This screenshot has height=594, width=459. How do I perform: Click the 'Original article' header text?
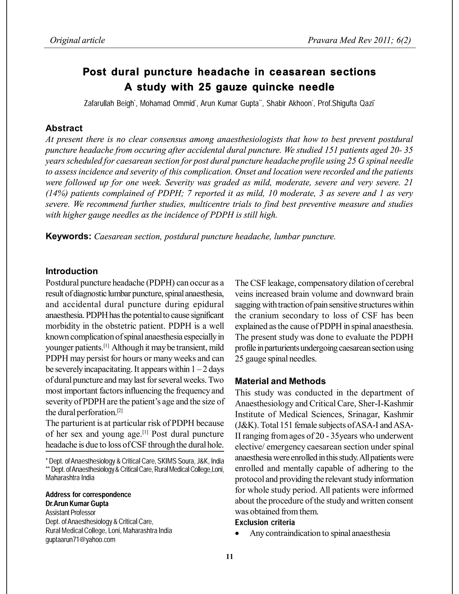tap(77, 40)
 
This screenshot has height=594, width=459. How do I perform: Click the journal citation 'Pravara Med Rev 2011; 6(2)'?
tap(359, 40)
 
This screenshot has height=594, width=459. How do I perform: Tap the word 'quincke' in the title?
tap(273, 87)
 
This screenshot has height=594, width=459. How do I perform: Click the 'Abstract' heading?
tap(64, 128)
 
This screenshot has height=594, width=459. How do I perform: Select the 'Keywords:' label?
tap(68, 236)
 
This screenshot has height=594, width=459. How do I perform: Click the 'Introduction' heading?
tap(71, 271)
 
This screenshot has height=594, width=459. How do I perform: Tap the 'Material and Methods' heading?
tap(280, 381)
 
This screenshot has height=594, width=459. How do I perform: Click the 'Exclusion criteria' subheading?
tap(265, 522)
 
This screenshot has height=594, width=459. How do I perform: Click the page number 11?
tap(229, 557)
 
